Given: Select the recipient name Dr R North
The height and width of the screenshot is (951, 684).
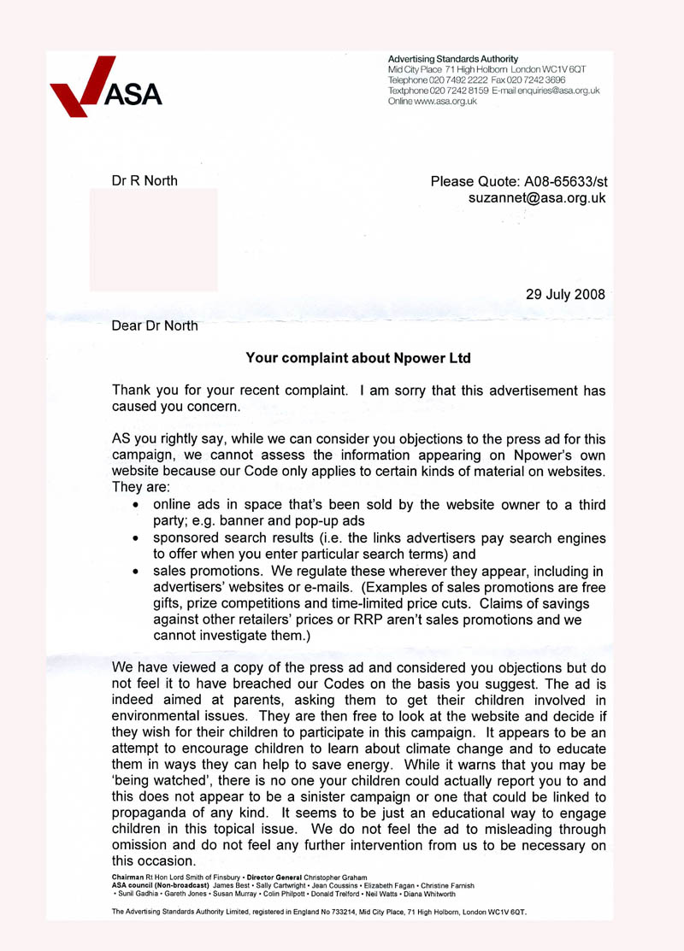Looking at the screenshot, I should click(x=144, y=181).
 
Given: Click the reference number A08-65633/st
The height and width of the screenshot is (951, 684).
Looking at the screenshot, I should click(x=556, y=181).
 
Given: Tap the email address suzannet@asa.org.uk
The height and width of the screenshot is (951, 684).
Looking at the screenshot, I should click(x=537, y=198).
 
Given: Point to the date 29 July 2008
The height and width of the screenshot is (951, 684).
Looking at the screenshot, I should click(x=564, y=295).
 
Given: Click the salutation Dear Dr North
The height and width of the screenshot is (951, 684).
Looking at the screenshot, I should click(x=155, y=326).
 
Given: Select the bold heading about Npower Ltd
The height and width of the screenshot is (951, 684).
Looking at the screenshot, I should click(x=358, y=358).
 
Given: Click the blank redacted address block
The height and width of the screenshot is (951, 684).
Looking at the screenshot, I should click(x=153, y=240).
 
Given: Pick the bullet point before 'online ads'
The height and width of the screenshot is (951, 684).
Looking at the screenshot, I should click(x=137, y=506).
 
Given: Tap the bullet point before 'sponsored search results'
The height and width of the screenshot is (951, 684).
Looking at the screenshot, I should click(x=137, y=539).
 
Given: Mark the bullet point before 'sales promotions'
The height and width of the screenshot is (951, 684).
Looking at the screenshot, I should click(x=137, y=572).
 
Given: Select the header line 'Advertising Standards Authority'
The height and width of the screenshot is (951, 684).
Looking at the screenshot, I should click(x=453, y=59).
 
